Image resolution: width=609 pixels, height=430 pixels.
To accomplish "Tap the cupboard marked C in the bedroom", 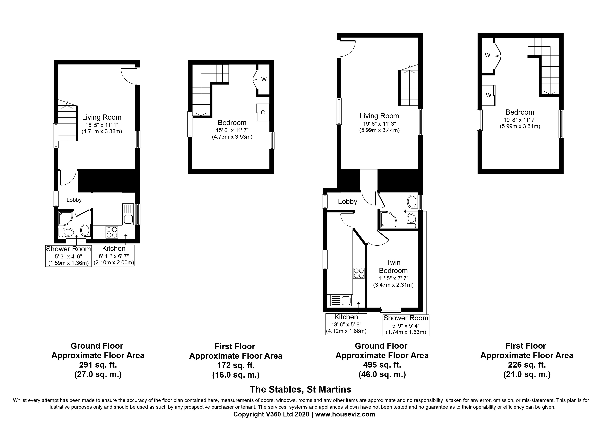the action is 263,112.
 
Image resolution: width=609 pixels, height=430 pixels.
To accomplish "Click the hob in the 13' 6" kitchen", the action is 359,273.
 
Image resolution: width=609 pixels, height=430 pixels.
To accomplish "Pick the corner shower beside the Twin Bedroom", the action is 389,220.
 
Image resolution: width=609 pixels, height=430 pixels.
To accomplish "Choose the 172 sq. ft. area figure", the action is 236,366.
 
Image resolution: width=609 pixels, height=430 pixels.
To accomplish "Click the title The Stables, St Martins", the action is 301,389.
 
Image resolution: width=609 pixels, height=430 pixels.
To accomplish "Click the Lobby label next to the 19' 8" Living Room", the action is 348,202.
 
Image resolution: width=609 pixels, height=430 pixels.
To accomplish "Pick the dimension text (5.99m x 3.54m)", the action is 520,126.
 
